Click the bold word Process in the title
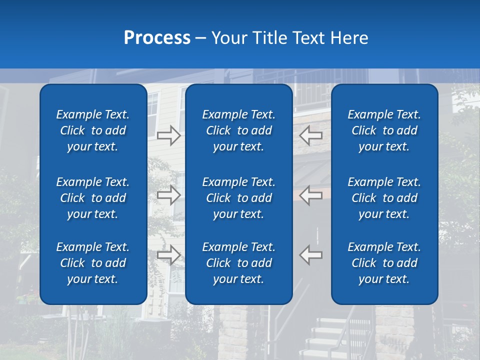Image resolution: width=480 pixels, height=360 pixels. (157, 38)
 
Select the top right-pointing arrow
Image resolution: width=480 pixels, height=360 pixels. (169, 135)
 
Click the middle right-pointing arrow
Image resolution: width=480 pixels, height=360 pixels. (169, 195)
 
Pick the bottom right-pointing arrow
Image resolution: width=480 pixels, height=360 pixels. (169, 255)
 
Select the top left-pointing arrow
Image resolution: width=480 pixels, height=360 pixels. (311, 135)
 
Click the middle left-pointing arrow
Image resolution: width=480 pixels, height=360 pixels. (311, 195)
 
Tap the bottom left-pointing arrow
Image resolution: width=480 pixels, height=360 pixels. (311, 255)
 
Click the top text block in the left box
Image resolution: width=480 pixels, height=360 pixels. (93, 130)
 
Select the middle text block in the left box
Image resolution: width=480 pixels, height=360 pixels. (93, 198)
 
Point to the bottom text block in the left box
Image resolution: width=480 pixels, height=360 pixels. (93, 263)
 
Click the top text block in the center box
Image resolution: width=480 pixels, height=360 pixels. (238, 130)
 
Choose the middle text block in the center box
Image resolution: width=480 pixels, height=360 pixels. (238, 198)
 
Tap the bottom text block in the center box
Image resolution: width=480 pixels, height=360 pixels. (238, 263)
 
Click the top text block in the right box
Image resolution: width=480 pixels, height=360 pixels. (384, 130)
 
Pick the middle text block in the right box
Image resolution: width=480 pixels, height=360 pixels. (384, 198)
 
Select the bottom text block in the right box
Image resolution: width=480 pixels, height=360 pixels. (384, 263)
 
